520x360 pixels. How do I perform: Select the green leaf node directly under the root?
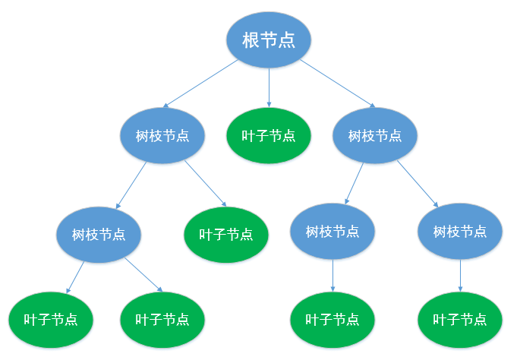(269, 136)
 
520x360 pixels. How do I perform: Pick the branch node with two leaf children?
(99, 234)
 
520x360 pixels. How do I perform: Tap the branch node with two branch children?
(375, 136)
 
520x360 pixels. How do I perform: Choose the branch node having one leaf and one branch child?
(162, 136)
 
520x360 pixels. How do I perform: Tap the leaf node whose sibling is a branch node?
(226, 235)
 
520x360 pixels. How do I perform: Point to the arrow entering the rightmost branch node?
(418, 183)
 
